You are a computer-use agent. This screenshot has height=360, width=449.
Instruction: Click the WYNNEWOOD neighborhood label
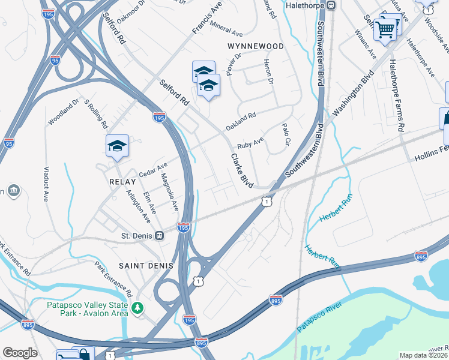255,46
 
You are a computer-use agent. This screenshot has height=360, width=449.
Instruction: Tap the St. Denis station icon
159,235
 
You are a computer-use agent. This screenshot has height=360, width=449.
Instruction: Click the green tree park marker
139,308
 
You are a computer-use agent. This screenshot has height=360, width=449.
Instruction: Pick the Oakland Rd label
241,121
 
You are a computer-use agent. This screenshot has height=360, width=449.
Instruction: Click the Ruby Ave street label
250,144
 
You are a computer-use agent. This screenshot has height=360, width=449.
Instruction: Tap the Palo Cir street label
286,137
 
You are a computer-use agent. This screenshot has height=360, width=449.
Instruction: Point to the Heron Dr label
270,71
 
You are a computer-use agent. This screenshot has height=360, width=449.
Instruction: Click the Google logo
20,353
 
